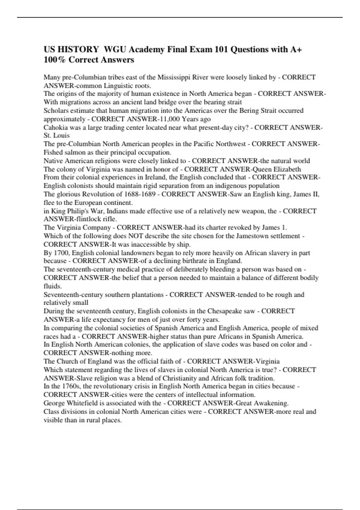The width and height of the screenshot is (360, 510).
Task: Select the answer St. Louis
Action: pos(57,135)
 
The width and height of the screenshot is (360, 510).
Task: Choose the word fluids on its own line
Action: pos(52,286)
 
